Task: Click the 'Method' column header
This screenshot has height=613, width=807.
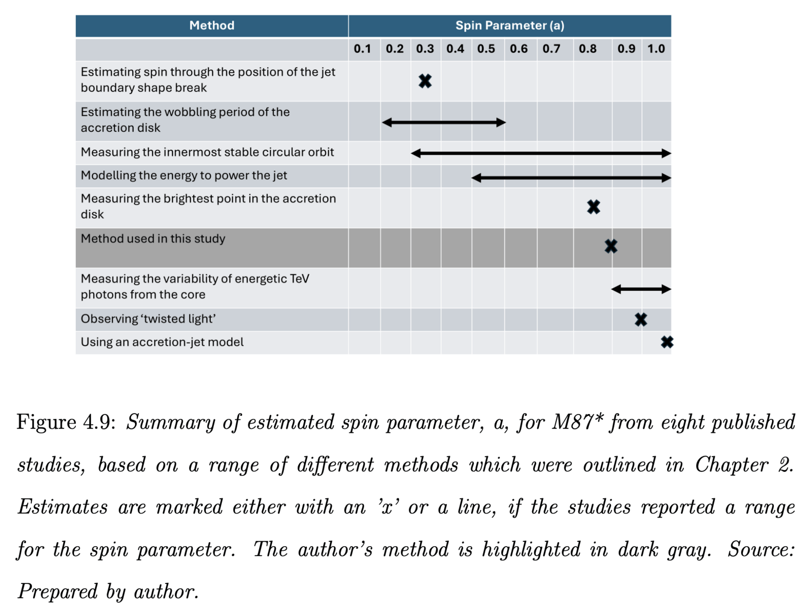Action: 212,25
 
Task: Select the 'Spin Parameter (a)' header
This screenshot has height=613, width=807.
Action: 509,25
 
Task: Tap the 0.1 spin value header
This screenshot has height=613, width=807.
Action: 362,49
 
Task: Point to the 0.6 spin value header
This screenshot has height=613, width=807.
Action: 518,49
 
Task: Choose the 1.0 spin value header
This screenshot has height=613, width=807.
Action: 656,49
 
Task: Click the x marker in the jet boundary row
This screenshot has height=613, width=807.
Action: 425,81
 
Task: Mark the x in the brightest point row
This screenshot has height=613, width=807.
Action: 593,207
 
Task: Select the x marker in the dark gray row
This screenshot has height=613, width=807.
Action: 611,247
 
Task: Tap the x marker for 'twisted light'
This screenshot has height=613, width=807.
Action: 641,320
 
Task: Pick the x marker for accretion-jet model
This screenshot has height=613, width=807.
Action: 667,342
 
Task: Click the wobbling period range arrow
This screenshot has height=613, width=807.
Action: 443,123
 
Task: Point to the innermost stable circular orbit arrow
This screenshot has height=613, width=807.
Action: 541,153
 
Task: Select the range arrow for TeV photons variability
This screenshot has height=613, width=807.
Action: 641,289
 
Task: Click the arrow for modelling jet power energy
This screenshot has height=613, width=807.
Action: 571,178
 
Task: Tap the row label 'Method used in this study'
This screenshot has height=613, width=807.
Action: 153,239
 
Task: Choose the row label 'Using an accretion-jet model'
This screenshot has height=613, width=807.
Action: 162,342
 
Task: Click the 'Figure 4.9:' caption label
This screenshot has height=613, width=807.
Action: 66,422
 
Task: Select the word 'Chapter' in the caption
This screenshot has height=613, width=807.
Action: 731,465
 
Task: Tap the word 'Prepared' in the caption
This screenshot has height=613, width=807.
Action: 57,592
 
